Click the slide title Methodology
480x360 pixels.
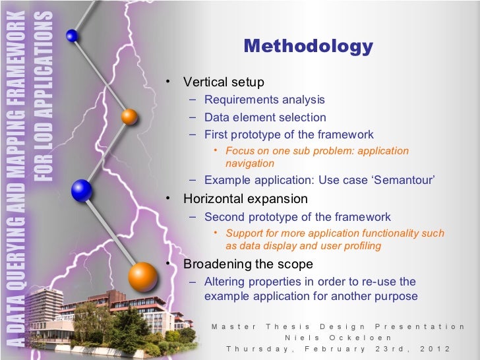[308, 46]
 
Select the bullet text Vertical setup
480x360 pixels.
[224, 82]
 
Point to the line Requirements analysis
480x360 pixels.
[264, 100]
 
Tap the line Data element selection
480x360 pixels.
[265, 117]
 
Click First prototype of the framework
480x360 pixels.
[289, 135]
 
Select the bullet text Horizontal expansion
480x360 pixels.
[245, 198]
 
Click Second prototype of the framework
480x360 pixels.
[297, 217]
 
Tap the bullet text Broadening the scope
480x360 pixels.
[248, 264]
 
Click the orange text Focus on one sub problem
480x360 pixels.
[316, 151]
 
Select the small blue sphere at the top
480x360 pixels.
[73, 36]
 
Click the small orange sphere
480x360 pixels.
[129, 117]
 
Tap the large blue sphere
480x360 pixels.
[82, 191]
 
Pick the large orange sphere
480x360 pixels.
[142, 276]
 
